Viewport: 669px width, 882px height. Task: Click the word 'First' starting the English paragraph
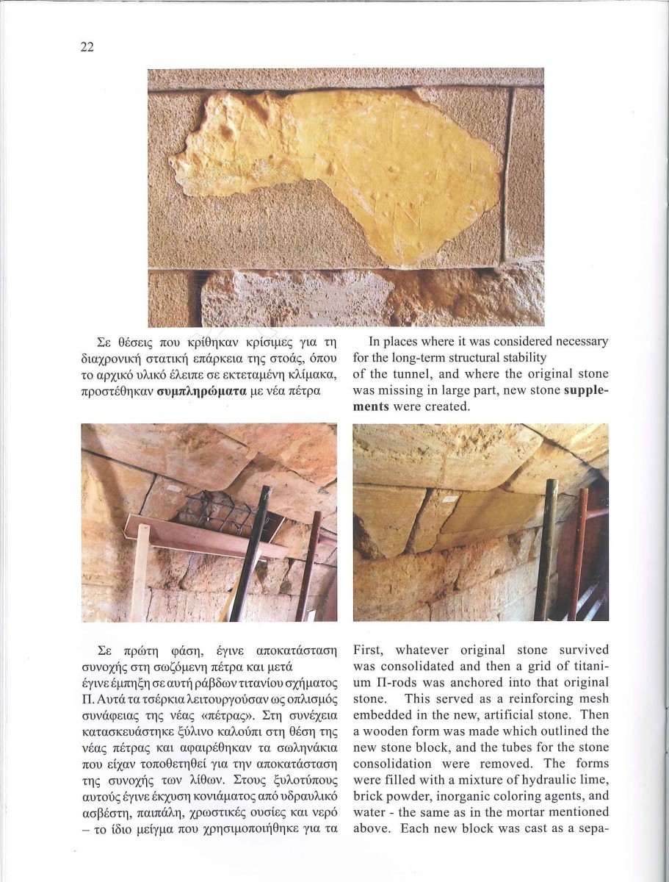point(370,650)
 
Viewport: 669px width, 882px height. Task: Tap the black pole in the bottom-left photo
point(250,551)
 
